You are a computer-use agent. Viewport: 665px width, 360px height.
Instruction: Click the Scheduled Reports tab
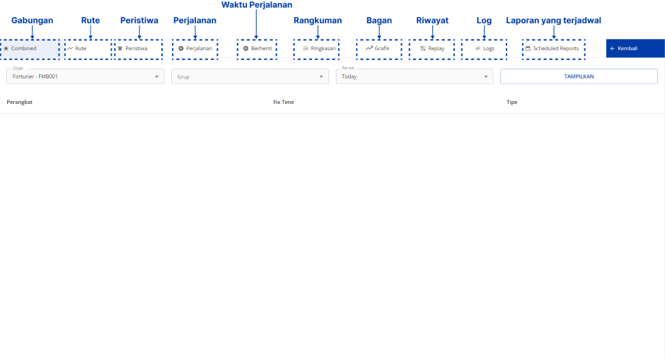pos(555,49)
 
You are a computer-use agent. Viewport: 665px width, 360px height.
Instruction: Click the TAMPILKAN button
pos(578,76)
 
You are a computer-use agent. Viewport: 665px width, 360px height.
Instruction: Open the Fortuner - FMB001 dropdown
pos(86,76)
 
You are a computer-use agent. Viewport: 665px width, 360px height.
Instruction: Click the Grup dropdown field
pos(249,76)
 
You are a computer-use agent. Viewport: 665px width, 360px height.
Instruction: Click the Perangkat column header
pos(20,103)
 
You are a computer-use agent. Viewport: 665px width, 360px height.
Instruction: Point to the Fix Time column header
pos(283,103)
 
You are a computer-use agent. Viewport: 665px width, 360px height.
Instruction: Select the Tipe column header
pos(511,103)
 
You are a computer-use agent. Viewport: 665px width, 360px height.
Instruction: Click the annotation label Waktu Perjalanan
pos(257,5)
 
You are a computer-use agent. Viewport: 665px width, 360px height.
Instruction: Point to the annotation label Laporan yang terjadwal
pos(553,21)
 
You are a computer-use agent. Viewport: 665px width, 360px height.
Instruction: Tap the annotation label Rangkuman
pos(318,21)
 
